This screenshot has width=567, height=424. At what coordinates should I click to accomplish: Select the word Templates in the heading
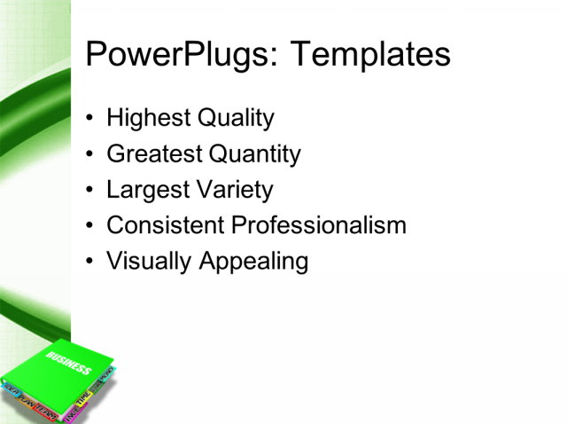[370, 55]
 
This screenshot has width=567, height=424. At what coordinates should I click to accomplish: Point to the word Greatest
[153, 154]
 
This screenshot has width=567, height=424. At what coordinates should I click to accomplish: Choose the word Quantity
[254, 154]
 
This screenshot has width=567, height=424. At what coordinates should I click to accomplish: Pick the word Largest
[146, 190]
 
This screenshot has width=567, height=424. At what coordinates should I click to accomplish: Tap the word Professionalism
[318, 225]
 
